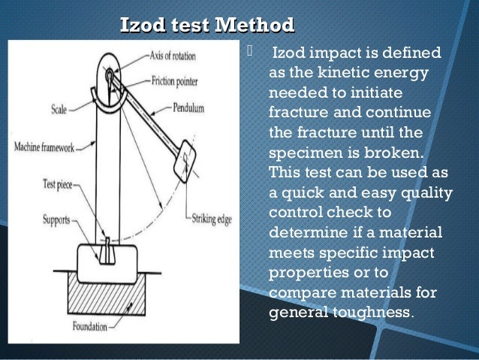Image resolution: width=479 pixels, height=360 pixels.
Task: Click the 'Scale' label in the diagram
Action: [x=59, y=110]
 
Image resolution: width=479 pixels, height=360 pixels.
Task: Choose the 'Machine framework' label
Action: [x=44, y=148]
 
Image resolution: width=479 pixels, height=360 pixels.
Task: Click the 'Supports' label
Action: [x=56, y=220]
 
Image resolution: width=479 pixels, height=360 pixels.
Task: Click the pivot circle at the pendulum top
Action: [x=110, y=74]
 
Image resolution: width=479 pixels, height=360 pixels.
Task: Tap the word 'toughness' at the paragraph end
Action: [x=372, y=312]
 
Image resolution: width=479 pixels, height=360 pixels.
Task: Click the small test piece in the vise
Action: [x=106, y=247]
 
